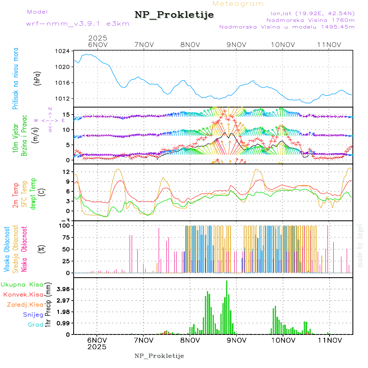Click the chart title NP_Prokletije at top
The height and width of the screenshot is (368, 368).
point(174,15)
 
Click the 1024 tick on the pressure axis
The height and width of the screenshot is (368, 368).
point(63,52)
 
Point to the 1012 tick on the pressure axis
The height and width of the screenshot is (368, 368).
point(63,99)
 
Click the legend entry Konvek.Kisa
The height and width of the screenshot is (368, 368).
point(23,294)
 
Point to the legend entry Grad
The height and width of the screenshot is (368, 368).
point(35,325)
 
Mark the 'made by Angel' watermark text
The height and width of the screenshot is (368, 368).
point(360,245)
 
